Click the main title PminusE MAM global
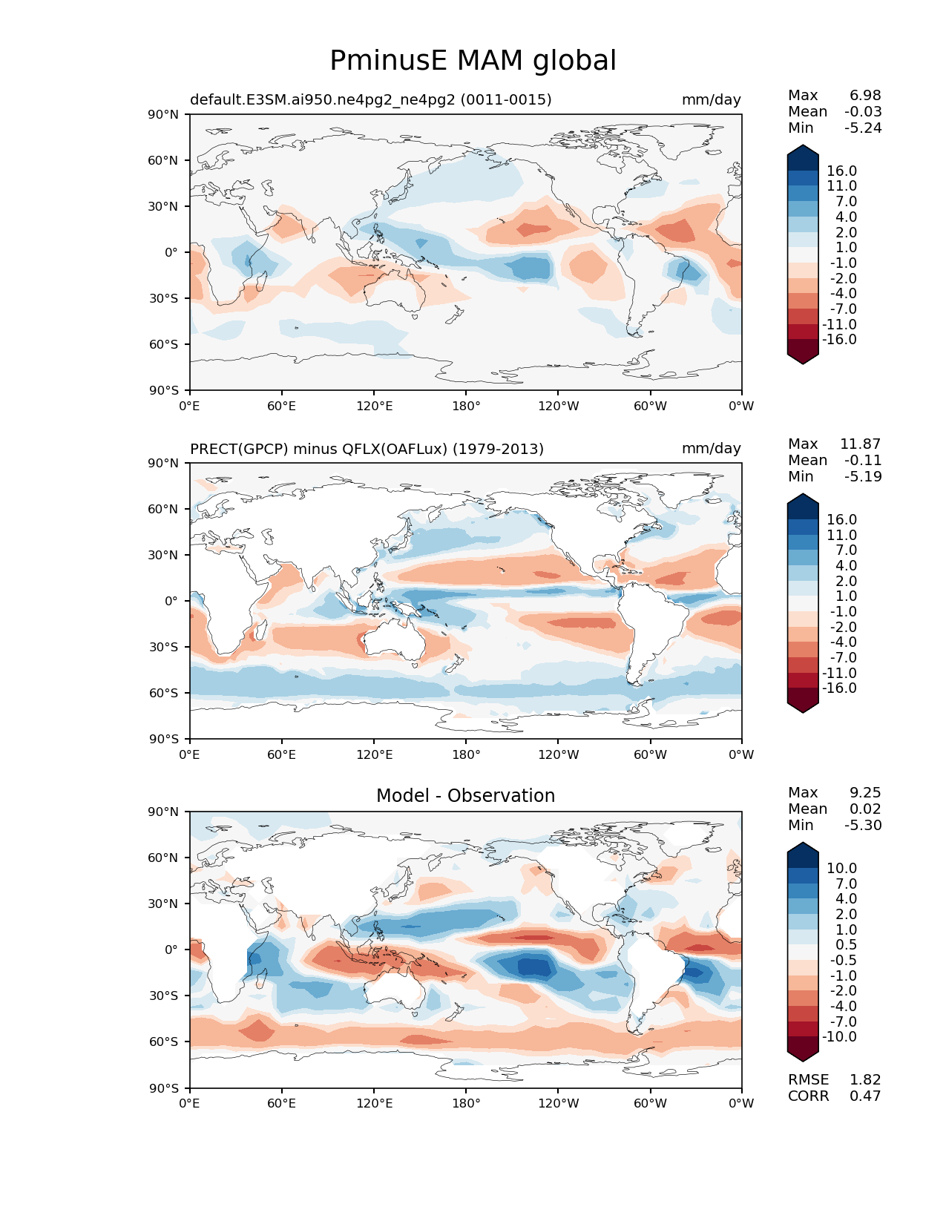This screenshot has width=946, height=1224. [473, 61]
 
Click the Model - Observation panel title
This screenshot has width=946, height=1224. [465, 795]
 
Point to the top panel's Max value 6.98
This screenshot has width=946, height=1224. [865, 95]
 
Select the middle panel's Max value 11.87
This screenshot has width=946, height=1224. [861, 444]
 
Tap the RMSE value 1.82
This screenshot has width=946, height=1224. [865, 1079]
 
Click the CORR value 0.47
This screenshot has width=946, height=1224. [865, 1096]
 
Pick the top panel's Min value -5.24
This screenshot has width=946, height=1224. [863, 128]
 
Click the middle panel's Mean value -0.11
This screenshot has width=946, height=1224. [863, 460]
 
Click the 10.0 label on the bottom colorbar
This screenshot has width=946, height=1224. [841, 868]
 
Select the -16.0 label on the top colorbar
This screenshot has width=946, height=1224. [839, 339]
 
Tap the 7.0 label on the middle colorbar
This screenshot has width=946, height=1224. [846, 550]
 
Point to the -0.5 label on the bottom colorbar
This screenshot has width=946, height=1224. [844, 960]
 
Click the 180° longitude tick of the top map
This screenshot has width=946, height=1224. [466, 406]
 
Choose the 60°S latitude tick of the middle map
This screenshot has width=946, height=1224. [163, 693]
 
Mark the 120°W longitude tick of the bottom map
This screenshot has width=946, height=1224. [559, 1103]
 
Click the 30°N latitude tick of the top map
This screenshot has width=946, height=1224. [163, 206]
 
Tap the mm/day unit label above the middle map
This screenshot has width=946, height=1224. [711, 448]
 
